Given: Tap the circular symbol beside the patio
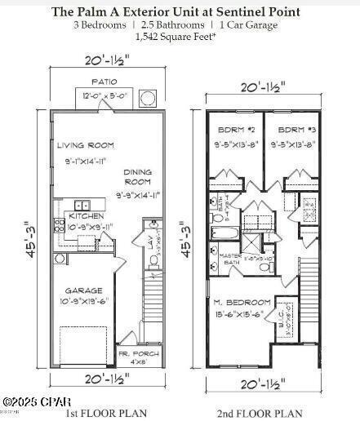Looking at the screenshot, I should point(148,98).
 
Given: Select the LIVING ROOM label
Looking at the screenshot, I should point(86,144).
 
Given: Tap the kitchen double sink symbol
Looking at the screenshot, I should point(82,206).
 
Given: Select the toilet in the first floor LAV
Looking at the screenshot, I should point(153,260).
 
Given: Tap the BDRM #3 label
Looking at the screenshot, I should point(291,131).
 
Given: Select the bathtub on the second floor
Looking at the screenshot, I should point(223,233).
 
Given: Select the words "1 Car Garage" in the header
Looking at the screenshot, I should point(253,25).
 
